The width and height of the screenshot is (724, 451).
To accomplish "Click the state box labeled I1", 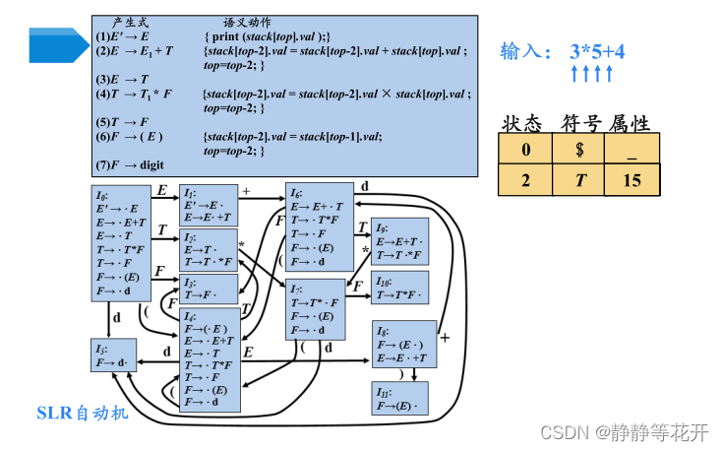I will click(x=208, y=205).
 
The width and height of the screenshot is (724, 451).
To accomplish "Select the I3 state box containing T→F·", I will click(x=208, y=289).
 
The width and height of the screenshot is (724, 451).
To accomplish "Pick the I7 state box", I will click(x=318, y=308).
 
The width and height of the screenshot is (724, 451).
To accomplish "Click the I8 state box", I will click(x=403, y=345).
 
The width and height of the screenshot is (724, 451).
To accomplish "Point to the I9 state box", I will click(x=399, y=241).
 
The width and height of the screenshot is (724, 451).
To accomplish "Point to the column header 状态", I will click(x=522, y=123).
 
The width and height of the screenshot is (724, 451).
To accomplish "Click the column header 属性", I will click(x=630, y=123).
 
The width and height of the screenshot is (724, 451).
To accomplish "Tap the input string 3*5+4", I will click(x=597, y=50).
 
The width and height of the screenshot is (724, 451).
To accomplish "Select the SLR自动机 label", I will click(x=83, y=412).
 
